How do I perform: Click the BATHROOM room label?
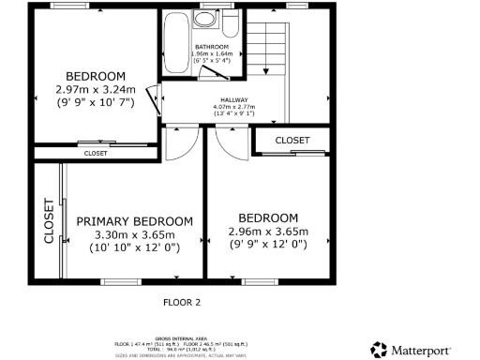[212, 46]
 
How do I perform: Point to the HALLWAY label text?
[234, 99]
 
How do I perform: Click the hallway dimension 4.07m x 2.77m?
[234, 108]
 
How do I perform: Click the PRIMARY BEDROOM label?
[135, 221]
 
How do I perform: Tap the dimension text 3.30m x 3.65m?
[135, 234]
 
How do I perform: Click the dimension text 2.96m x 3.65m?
[268, 231]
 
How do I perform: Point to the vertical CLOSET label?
[48, 220]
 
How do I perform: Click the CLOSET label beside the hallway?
[292, 140]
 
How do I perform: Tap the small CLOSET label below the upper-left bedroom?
[96, 153]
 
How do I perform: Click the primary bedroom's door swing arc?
[182, 142]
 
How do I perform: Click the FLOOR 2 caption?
[182, 303]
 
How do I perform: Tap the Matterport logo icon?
[378, 350]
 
